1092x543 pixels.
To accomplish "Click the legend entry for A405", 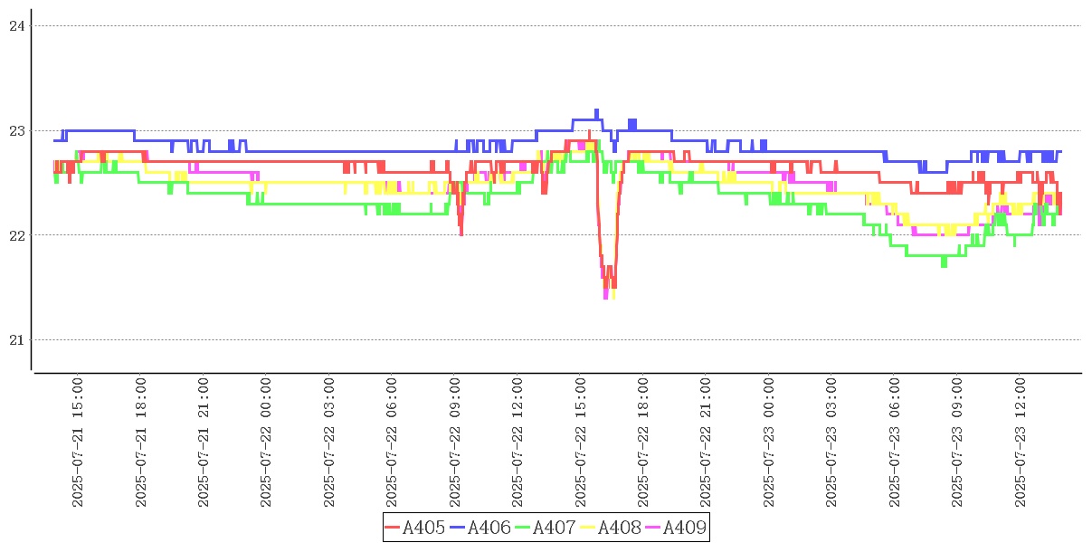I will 415,528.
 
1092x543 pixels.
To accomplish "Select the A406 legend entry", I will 480,528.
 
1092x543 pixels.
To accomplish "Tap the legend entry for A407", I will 546,528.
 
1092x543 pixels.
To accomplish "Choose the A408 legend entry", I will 611,528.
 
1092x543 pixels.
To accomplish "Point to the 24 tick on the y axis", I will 15,26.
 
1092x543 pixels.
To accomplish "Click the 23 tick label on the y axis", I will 15,131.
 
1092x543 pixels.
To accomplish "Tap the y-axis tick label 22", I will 15,235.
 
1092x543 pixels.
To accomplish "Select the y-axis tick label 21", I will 15,340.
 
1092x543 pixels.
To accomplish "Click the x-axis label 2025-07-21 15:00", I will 78,443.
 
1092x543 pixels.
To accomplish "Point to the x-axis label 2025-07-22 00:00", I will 266,443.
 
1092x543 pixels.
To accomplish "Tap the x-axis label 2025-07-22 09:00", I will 455,443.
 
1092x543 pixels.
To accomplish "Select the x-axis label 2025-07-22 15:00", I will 581,443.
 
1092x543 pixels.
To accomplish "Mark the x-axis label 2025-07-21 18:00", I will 141,443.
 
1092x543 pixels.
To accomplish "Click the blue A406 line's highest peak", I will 596,110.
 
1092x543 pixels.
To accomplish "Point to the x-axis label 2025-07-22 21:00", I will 707,443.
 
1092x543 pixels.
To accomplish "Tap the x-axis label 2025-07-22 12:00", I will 518,443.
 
